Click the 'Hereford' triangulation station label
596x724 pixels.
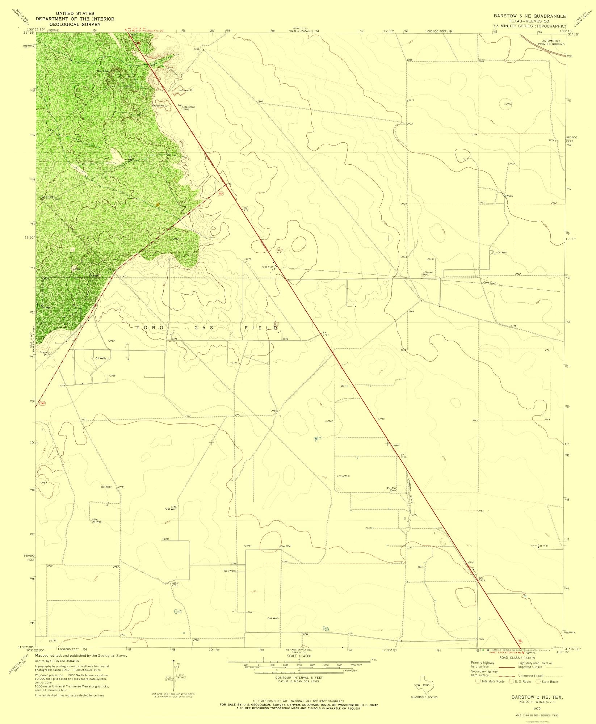pos(189,107)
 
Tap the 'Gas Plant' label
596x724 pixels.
pos(268,267)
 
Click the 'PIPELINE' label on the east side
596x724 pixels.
pos(487,282)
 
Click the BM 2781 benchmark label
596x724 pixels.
pos(246,209)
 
